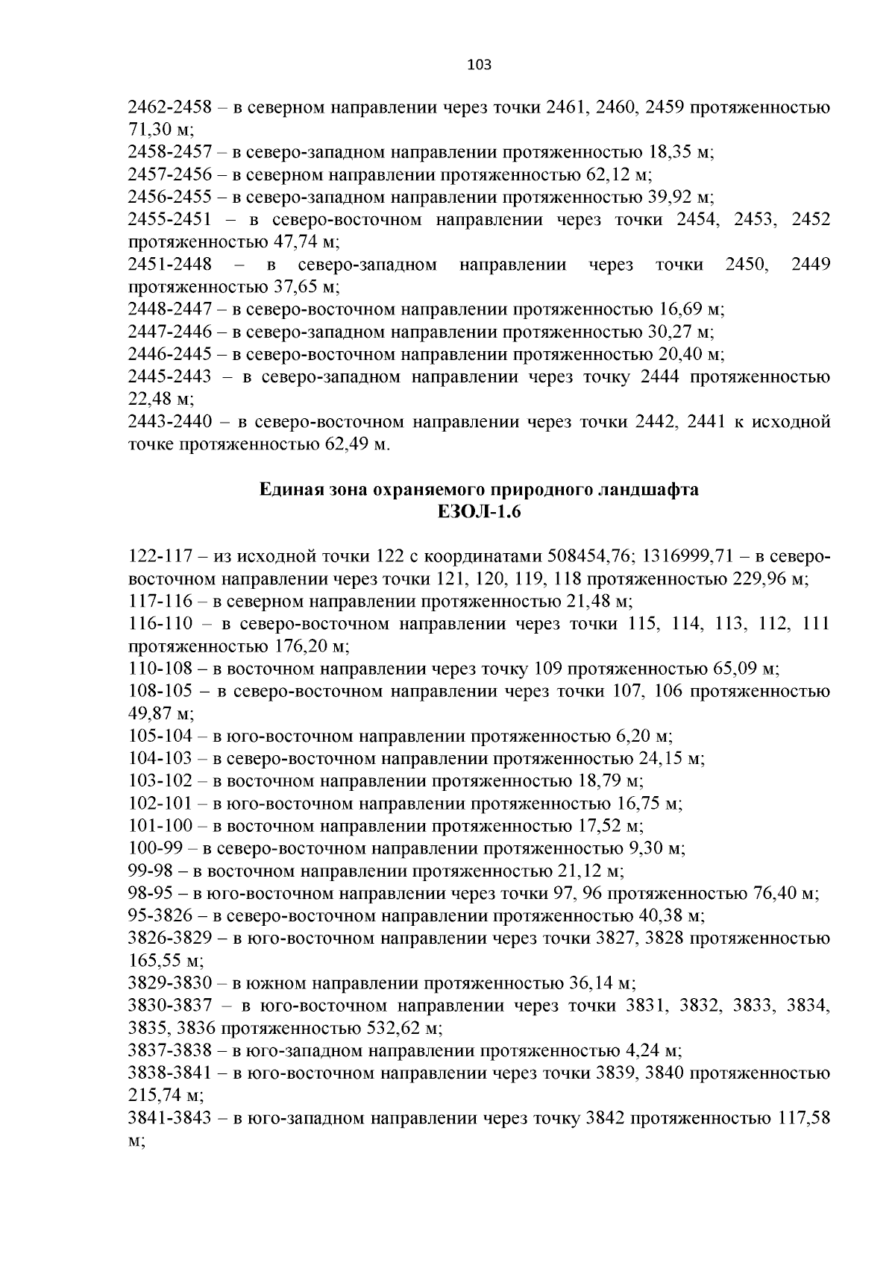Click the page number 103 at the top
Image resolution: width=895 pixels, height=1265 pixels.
point(479,65)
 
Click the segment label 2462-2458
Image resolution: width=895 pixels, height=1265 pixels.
point(168,108)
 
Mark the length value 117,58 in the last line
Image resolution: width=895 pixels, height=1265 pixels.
point(803,1119)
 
